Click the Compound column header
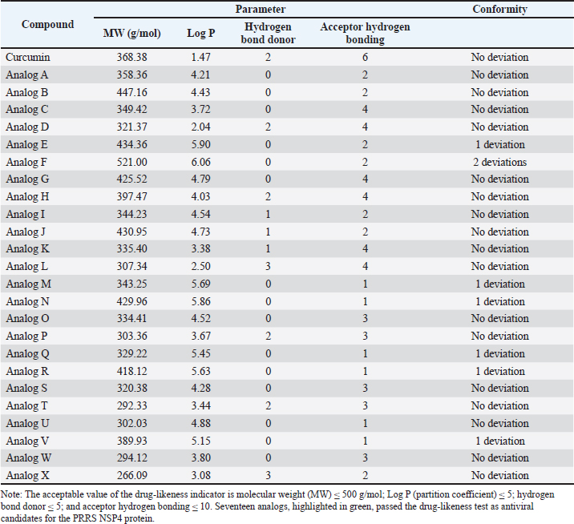(x=47, y=25)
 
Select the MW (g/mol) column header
(x=131, y=34)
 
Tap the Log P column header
(x=200, y=34)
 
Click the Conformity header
(x=499, y=9)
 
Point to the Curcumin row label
(x=28, y=58)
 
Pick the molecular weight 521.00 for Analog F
(x=131, y=162)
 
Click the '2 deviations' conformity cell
(x=499, y=162)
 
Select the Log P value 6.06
(x=200, y=162)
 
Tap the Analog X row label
(x=27, y=475)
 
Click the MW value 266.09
(x=131, y=475)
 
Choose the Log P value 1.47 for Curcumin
(x=200, y=58)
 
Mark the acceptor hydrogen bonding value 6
(x=365, y=58)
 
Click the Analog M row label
(x=29, y=284)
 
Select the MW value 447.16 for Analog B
(x=131, y=92)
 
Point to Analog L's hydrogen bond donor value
(x=268, y=266)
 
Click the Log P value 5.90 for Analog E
(x=200, y=144)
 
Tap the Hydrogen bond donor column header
(x=268, y=33)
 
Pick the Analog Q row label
(x=27, y=354)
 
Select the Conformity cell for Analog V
(x=499, y=441)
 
